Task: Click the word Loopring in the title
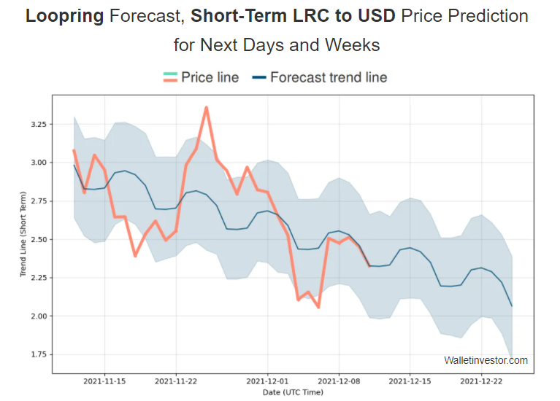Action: [x=64, y=16]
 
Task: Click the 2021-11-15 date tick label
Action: [x=104, y=381]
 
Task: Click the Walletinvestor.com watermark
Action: [x=486, y=360]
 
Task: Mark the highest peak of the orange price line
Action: [x=207, y=107]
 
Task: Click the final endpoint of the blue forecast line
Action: [x=511, y=305]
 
